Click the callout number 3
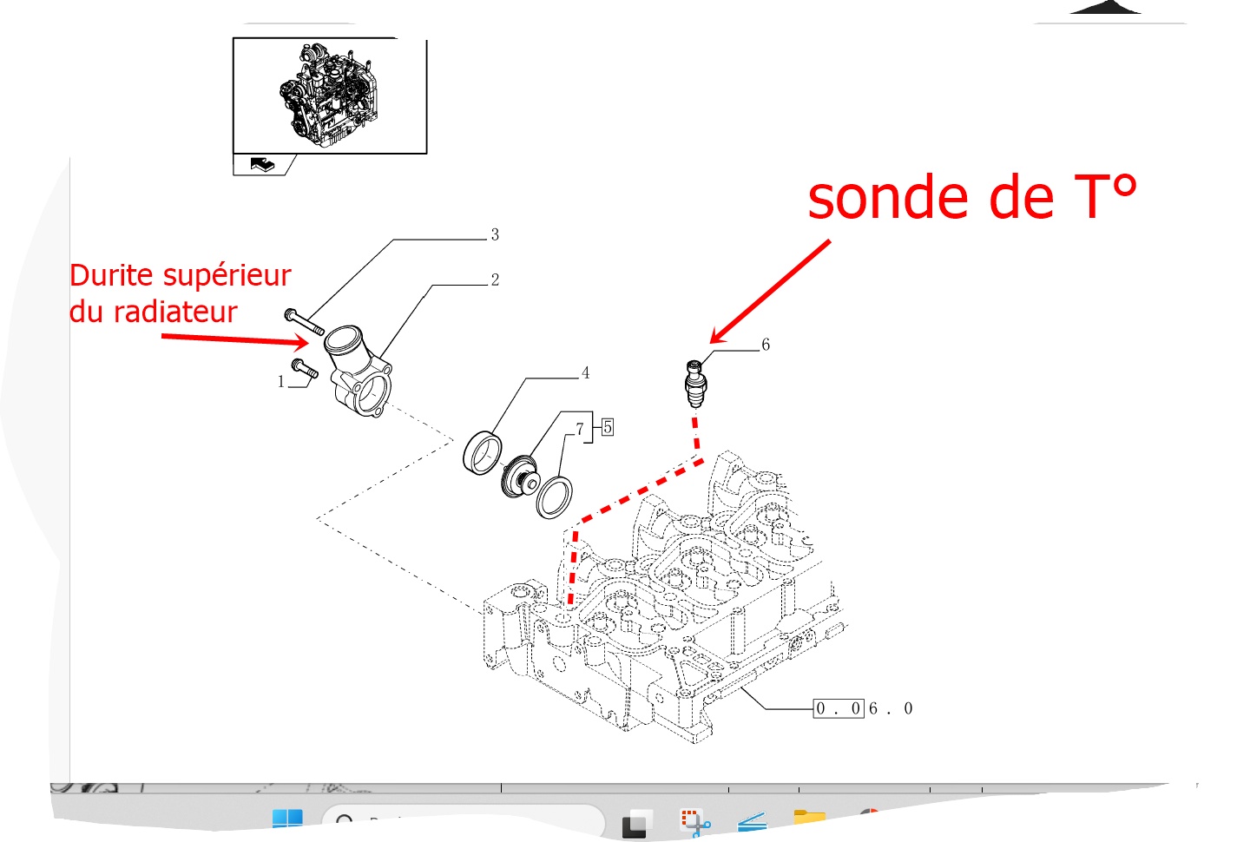coord(495,235)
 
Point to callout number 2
coord(495,280)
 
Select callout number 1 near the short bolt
coord(281,382)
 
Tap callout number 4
coord(585,372)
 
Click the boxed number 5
coord(608,427)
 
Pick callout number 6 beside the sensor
coord(766,345)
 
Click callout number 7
coord(580,429)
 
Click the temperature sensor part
coord(695,384)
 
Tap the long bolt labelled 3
coord(304,322)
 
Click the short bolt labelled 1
coord(305,369)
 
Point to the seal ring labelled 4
coord(482,453)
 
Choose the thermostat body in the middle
coord(520,477)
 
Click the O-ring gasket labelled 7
coord(554,497)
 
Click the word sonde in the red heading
coord(887,198)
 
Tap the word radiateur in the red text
coord(175,312)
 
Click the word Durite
coord(111,276)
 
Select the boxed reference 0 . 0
coord(839,708)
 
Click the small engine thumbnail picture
coord(330,95)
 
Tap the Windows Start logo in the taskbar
coord(287,819)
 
